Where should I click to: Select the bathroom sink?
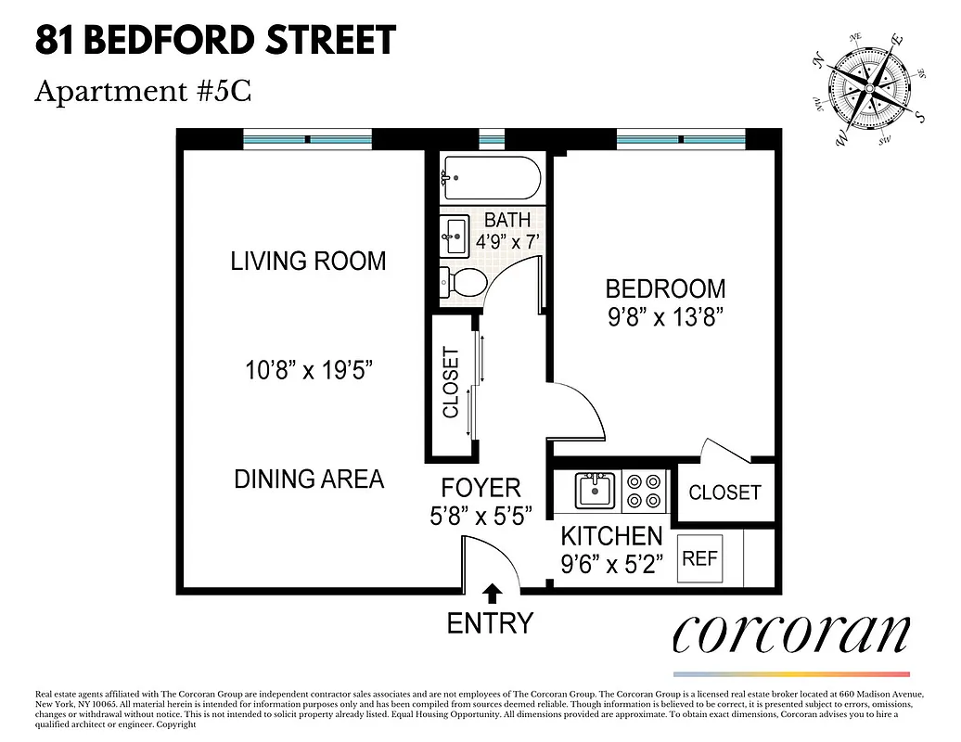point(455,237)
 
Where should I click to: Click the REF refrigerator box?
point(699,558)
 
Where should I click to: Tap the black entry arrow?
point(492,592)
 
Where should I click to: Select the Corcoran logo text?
point(789,633)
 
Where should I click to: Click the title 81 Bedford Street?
point(215,41)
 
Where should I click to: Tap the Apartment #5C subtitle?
point(143,92)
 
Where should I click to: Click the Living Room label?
point(308,261)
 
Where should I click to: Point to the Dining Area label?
point(308,479)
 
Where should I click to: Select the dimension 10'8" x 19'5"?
point(308,371)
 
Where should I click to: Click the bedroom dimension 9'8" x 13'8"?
point(665,317)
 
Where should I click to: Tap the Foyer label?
point(480,488)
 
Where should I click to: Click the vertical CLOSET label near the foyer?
point(452,382)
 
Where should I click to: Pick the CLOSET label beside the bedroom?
point(724,493)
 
